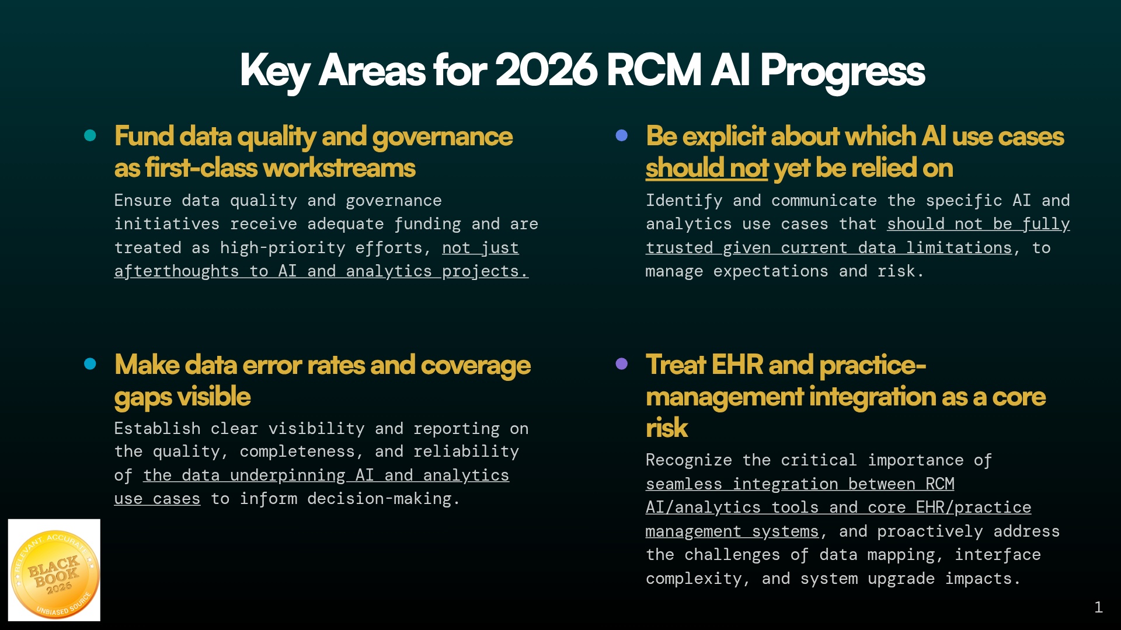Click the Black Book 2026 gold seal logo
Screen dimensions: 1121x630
(54, 570)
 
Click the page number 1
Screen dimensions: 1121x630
(1098, 607)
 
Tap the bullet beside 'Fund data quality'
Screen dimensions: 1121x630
(90, 135)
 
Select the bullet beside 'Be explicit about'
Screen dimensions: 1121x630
(622, 135)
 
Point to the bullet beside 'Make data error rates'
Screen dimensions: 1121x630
(90, 364)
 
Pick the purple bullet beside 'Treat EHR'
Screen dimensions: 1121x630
(622, 364)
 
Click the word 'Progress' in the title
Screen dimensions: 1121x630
(843, 72)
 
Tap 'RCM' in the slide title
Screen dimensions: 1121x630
(653, 71)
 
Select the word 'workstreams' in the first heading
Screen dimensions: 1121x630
(339, 168)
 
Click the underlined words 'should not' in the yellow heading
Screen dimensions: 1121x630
(706, 168)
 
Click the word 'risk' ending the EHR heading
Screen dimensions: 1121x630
(667, 428)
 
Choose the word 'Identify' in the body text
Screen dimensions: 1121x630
(684, 201)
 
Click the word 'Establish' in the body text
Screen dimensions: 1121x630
(158, 429)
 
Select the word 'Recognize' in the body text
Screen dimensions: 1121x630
(689, 461)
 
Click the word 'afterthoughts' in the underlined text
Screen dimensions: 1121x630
(176, 272)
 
